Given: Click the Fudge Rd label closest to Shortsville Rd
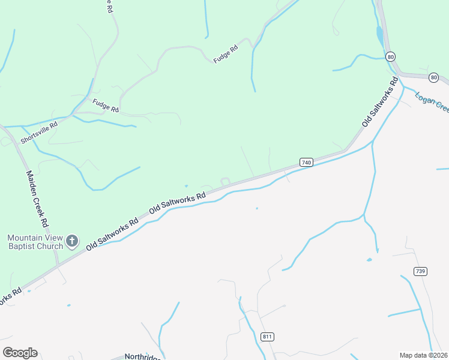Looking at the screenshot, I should point(106,106).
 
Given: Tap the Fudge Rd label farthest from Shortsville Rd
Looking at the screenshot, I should point(226,52).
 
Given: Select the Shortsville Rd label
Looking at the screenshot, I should point(38,133).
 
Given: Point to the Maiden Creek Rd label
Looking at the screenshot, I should point(37,197).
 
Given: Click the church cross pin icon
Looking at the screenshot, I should point(72,242).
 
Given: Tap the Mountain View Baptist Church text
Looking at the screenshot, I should point(35,242).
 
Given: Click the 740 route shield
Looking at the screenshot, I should point(306,163).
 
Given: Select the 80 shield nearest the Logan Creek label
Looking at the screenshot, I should point(434,77).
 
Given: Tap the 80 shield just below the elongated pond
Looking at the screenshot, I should point(391,56).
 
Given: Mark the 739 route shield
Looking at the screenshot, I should point(420,271).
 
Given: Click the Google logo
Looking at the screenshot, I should point(20,353).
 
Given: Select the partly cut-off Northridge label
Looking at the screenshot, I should point(142,356).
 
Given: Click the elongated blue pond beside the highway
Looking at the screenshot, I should point(379,36).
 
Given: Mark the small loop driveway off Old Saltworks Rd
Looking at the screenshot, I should point(225,181).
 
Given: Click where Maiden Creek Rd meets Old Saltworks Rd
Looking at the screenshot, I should point(58,265).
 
